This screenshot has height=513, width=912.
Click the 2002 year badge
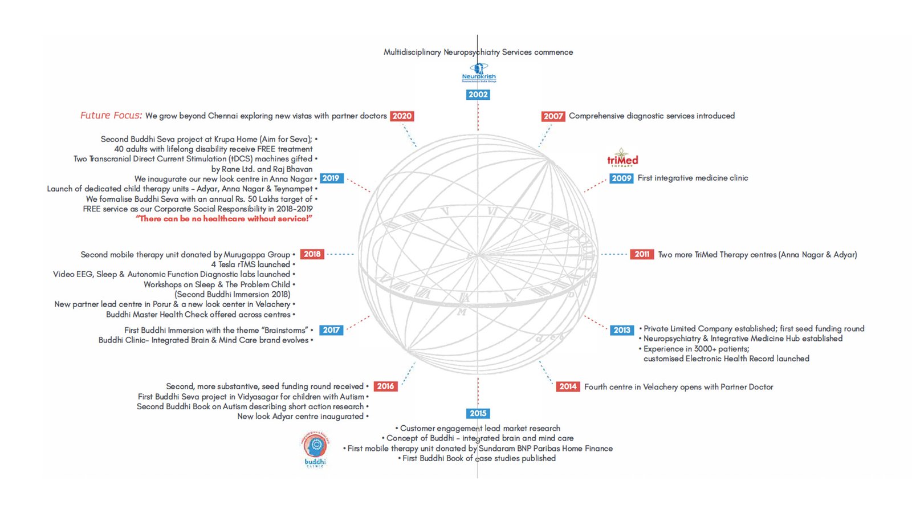click(478, 95)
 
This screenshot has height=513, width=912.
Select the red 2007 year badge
click(553, 116)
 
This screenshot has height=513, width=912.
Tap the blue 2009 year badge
click(621, 178)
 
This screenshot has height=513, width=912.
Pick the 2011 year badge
click(642, 254)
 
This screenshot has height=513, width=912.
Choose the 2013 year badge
click(622, 330)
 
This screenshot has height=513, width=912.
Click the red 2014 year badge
click(568, 386)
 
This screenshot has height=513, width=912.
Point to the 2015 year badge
click(478, 413)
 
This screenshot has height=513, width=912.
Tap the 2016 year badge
click(385, 386)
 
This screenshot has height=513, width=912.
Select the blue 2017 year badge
click(331, 330)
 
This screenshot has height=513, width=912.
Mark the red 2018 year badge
click(312, 254)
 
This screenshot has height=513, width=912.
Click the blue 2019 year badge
click(331, 178)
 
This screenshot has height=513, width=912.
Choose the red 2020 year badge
click(402, 116)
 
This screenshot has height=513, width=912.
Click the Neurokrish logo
click(479, 73)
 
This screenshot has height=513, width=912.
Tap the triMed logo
click(622, 158)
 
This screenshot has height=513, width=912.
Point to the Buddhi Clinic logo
click(315, 449)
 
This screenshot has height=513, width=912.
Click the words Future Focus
click(111, 116)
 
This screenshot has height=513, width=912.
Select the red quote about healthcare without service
click(224, 219)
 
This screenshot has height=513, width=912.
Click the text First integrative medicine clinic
click(693, 178)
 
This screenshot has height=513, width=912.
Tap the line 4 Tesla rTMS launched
click(251, 264)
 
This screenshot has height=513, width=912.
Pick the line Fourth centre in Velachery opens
click(678, 387)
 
